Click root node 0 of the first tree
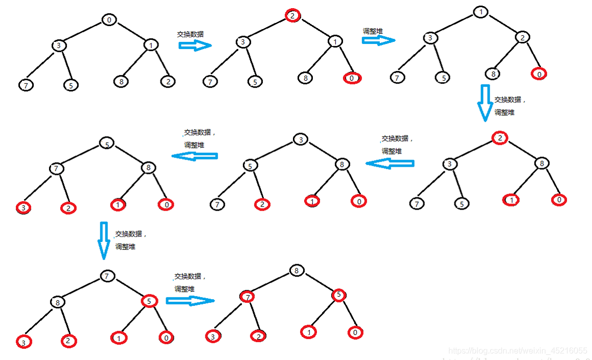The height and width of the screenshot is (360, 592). [x=109, y=20]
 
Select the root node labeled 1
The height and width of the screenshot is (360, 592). [x=480, y=12]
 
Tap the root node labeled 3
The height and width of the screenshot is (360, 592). [x=301, y=140]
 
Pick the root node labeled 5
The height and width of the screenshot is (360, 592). [x=106, y=144]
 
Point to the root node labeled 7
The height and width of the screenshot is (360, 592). [x=106, y=276]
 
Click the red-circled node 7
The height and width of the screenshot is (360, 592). [x=247, y=297]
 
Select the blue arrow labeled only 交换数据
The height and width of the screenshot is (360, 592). [x=195, y=45]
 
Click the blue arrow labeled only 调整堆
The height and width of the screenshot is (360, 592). [x=378, y=40]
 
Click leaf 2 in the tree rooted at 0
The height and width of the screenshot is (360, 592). [x=167, y=81]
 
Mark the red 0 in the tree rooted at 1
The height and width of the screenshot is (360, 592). [x=539, y=74]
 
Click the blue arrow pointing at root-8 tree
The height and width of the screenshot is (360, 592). [x=189, y=300]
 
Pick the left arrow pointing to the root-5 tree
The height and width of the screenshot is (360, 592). [x=194, y=156]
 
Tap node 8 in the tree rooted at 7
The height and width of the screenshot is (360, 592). [x=58, y=302]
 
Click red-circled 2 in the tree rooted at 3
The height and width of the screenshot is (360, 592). [x=261, y=204]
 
